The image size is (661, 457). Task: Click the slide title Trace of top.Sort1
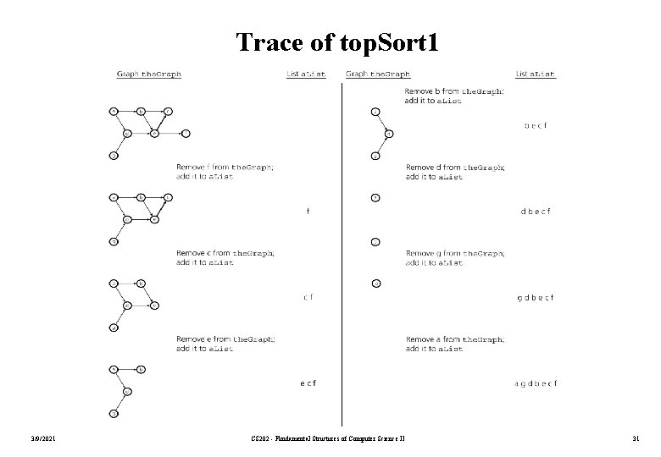click(337, 41)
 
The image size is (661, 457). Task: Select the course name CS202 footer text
click(330, 437)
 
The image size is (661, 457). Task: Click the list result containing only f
click(308, 212)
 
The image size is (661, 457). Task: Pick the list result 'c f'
click(308, 297)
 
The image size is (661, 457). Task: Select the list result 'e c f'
click(308, 383)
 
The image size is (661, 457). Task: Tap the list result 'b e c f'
click(536, 126)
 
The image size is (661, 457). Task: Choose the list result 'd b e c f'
click(536, 212)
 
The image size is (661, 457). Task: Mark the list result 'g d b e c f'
click(536, 297)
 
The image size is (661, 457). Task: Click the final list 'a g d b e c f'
click(536, 383)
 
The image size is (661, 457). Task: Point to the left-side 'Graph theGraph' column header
click(149, 74)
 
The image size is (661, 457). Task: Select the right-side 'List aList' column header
click(536, 74)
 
